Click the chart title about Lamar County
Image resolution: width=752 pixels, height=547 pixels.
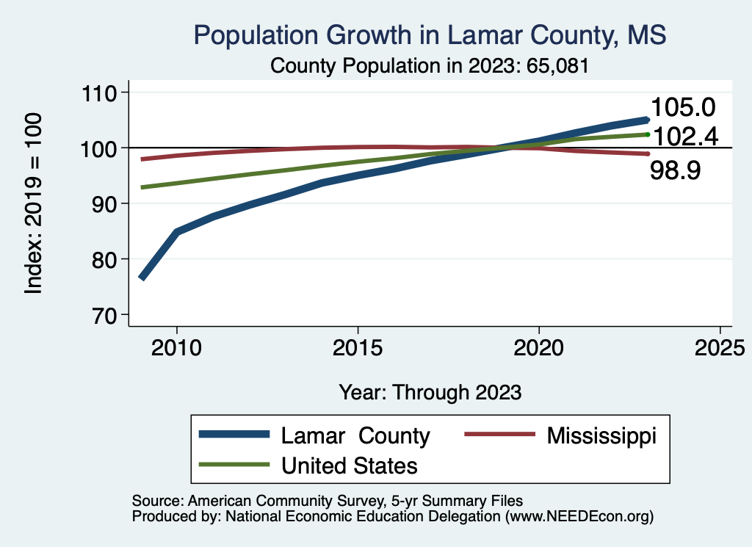click(x=429, y=35)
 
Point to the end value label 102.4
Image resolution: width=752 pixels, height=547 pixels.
click(x=687, y=137)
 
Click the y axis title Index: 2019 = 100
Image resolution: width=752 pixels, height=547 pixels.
click(x=34, y=203)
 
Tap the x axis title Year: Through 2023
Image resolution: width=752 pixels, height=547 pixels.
click(x=430, y=391)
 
